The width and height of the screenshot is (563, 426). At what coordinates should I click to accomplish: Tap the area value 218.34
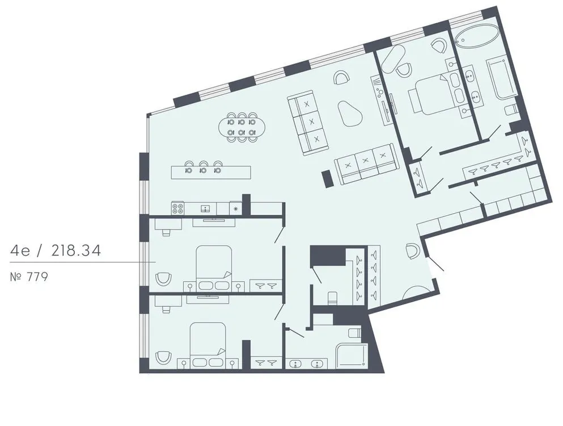coord(75,250)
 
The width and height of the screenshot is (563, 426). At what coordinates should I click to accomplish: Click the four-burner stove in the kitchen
coord(178,208)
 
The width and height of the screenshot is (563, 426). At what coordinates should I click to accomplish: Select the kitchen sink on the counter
coord(205,208)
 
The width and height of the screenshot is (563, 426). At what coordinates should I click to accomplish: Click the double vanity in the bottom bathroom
coord(306,364)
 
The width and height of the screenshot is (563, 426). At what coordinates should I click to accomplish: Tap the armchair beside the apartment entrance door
coord(412,249)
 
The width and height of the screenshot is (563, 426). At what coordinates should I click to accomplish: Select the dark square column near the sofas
coord(327,178)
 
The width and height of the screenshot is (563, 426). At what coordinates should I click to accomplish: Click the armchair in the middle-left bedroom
coord(163,279)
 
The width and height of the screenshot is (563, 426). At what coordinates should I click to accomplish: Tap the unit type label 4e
coord(22,250)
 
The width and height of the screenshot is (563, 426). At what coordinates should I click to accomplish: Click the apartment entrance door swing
coord(435,264)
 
